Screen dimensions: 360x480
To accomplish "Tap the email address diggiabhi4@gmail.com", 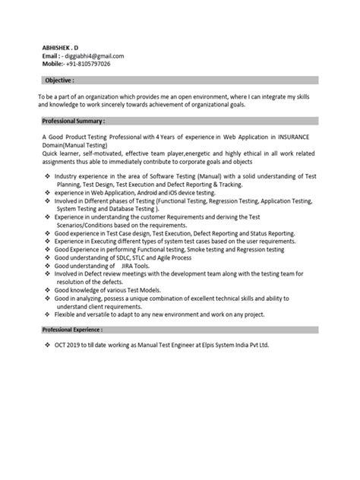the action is point(96,55).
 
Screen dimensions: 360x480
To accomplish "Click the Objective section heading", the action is point(58,79).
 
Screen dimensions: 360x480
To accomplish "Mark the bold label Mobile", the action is point(52,64).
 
